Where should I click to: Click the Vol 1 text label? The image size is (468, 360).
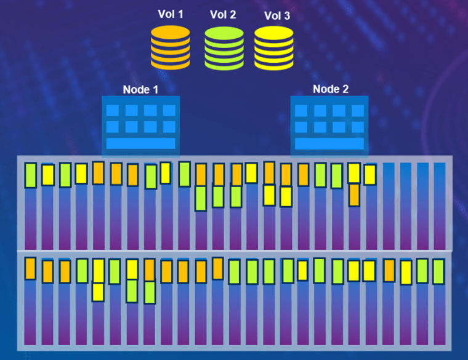170,14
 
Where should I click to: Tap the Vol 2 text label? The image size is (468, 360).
223,15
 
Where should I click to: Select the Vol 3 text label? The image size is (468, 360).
277,16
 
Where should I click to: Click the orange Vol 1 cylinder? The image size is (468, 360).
170,48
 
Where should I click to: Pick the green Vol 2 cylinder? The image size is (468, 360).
224,49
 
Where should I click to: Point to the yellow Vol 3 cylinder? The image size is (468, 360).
273,49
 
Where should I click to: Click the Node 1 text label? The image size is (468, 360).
140,89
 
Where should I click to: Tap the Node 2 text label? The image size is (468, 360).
331,89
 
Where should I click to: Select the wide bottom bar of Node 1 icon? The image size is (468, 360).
140,143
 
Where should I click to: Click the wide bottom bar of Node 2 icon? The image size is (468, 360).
329,143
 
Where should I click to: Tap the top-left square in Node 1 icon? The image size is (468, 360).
113,110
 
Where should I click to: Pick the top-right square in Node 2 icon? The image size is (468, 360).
358,111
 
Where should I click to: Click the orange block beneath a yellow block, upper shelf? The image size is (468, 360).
354,195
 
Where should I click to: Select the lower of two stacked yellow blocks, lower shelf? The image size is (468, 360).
98,292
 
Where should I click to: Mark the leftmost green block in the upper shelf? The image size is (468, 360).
30,175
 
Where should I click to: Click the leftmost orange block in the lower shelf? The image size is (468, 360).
30,268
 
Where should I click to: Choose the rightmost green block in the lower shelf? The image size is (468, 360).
438,272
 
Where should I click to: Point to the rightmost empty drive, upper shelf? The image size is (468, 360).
439,206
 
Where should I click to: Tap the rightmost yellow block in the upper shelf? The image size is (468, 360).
370,175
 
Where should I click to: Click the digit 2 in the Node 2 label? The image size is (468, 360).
345,89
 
